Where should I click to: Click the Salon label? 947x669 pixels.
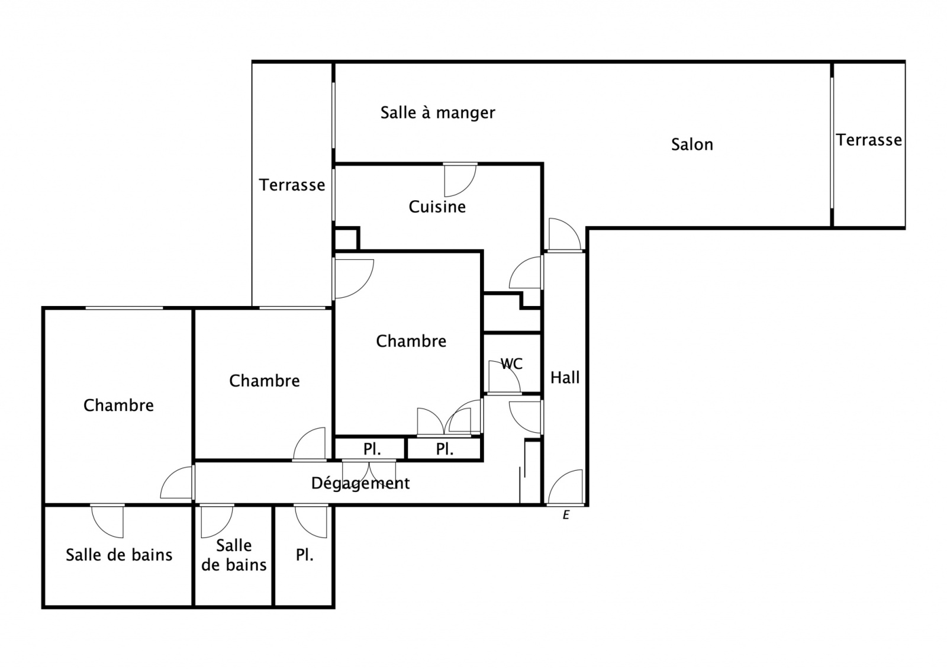pyautogui.click(x=692, y=144)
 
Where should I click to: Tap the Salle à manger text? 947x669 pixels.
pyautogui.click(x=437, y=112)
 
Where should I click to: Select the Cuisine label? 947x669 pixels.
pyautogui.click(x=437, y=207)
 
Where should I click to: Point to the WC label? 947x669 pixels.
pyautogui.click(x=511, y=364)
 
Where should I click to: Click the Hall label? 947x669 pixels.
pyautogui.click(x=565, y=377)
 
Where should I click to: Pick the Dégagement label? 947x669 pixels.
pyautogui.click(x=360, y=483)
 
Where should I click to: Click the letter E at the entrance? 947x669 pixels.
pyautogui.click(x=566, y=514)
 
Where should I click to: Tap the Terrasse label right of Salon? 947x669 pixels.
pyautogui.click(x=869, y=140)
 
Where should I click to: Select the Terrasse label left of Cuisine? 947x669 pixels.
pyautogui.click(x=292, y=185)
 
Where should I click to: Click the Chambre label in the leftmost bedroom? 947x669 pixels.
pyautogui.click(x=118, y=405)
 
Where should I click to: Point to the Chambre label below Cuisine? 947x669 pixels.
pyautogui.click(x=411, y=341)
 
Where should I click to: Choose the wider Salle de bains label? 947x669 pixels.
pyautogui.click(x=119, y=555)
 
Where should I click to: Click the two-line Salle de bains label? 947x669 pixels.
pyautogui.click(x=234, y=555)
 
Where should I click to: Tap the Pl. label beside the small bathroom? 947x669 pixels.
pyautogui.click(x=304, y=555)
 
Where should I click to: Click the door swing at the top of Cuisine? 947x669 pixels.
pyautogui.click(x=460, y=180)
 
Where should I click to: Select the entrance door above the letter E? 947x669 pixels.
pyautogui.click(x=566, y=488)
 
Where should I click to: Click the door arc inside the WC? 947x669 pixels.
pyautogui.click(x=504, y=377)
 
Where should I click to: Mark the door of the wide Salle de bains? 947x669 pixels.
pyautogui.click(x=107, y=521)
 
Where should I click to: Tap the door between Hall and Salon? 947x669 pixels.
pyautogui.click(x=565, y=234)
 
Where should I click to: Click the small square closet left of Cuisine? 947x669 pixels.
pyautogui.click(x=346, y=239)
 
